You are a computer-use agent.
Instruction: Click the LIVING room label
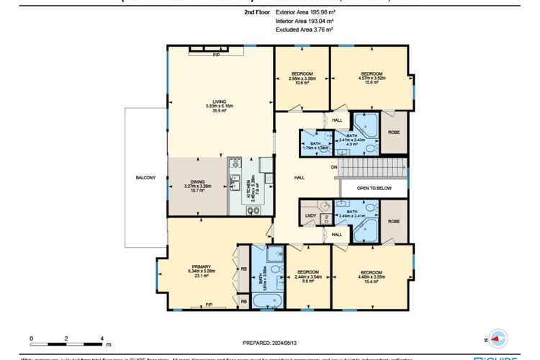(x=215, y=102)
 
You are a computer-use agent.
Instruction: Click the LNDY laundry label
(x=311, y=215)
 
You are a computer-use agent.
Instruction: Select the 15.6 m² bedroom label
(x=372, y=74)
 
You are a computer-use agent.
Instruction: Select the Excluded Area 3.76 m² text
(x=304, y=30)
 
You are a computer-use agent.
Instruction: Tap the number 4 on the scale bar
(x=102, y=337)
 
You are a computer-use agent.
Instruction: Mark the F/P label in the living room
(x=215, y=55)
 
